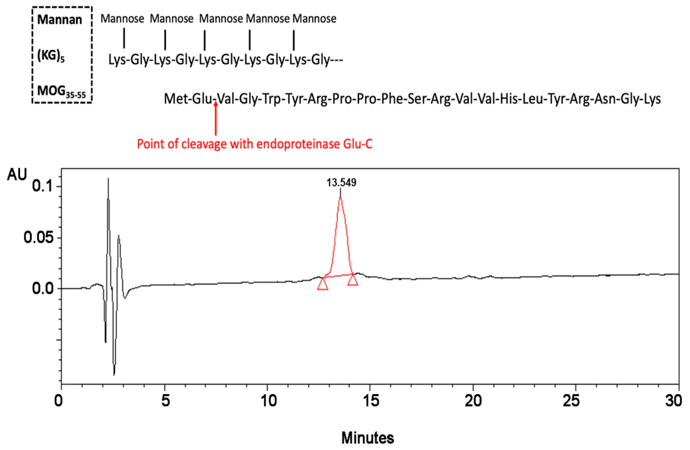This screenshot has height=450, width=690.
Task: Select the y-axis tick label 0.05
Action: pyautogui.click(x=39, y=238)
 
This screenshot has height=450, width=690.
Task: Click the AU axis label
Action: pyautogui.click(x=17, y=175)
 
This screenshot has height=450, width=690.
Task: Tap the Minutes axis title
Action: pyautogui.click(x=368, y=437)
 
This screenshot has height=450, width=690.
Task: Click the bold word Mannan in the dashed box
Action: pyautogui.click(x=60, y=20)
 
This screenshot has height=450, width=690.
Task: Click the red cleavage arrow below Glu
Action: pyautogui.click(x=216, y=119)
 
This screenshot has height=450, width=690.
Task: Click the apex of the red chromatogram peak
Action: pyautogui.click(x=340, y=198)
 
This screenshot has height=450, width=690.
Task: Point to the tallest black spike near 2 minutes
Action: pyautogui.click(x=108, y=180)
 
